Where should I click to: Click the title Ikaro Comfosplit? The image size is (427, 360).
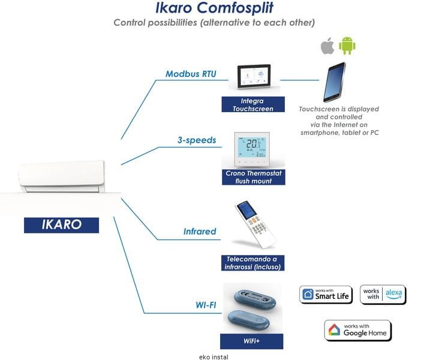[x=214, y=8]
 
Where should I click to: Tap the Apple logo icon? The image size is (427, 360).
[x=327, y=46]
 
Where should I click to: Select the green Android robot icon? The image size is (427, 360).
[x=347, y=46]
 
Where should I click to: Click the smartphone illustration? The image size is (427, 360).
[x=334, y=82]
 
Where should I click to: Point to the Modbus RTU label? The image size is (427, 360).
[x=191, y=74]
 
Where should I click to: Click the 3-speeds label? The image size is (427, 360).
[x=196, y=140]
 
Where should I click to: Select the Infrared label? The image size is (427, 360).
[x=200, y=231]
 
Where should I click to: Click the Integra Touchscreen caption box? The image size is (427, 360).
[x=252, y=105]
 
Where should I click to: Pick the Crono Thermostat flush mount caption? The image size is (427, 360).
[x=252, y=177]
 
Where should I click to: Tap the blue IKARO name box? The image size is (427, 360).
[x=62, y=224]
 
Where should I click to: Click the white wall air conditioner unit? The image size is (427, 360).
[x=62, y=175]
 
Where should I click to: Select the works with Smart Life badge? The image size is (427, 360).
[x=326, y=294]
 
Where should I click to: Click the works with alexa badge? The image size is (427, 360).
[x=383, y=294]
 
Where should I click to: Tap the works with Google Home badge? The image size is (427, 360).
[x=358, y=330]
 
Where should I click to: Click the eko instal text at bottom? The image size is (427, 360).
[x=213, y=356]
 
